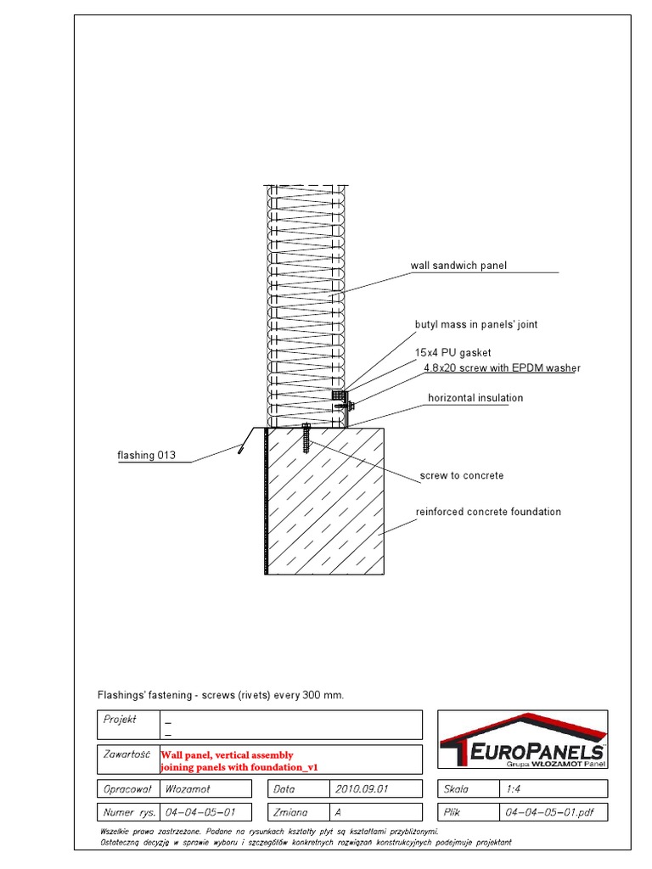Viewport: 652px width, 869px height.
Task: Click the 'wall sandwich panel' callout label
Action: (458, 266)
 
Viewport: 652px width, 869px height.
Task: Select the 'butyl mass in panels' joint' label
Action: (475, 324)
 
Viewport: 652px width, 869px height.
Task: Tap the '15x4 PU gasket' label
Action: (452, 352)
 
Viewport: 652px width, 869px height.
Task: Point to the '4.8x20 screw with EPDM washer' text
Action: (502, 368)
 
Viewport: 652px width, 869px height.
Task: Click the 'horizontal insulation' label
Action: (475, 398)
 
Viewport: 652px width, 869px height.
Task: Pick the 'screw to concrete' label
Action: (462, 475)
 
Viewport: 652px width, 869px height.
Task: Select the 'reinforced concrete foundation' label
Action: (488, 512)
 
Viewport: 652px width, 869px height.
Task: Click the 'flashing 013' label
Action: (146, 455)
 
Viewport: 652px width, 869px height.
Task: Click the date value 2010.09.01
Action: (362, 788)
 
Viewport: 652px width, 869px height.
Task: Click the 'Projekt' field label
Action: (121, 719)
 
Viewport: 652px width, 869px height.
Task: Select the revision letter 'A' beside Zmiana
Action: (339, 812)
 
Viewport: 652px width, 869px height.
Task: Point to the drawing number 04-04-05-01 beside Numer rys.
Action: (200, 812)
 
